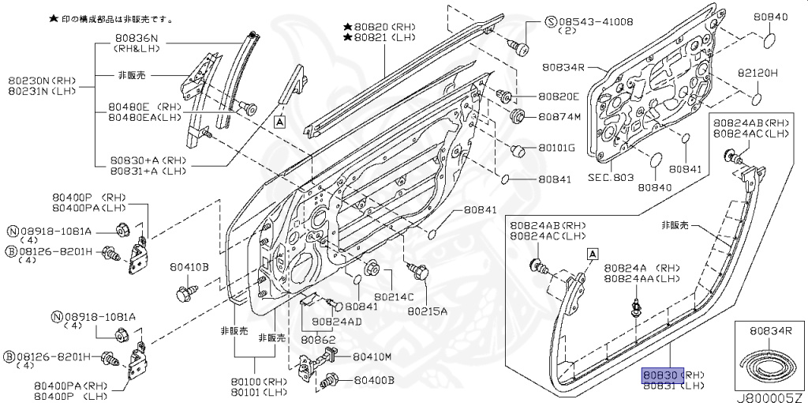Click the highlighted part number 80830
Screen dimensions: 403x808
[x=660, y=374]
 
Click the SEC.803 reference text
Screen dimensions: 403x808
[x=611, y=178]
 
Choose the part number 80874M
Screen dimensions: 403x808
[x=559, y=117]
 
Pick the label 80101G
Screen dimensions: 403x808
[x=556, y=148]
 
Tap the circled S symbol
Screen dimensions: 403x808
[x=551, y=21]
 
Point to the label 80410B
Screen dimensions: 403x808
[x=189, y=268]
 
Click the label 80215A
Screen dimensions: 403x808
[x=427, y=311]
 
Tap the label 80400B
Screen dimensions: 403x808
[x=373, y=381]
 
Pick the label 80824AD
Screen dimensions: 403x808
[x=336, y=322]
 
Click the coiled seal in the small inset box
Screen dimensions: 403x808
[x=768, y=364]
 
